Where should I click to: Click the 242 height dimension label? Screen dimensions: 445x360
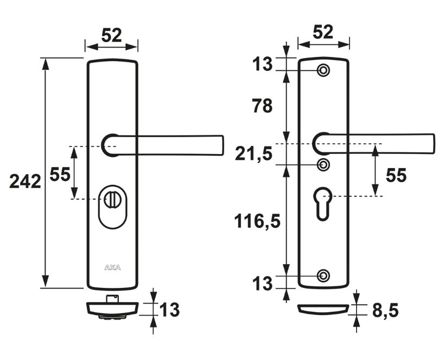pos(26,182)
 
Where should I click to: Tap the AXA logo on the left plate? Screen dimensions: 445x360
pos(112,267)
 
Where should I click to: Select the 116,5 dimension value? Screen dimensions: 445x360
pos(257,221)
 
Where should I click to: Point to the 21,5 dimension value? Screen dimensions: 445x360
pos(254,155)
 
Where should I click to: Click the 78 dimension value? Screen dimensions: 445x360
pos(262,106)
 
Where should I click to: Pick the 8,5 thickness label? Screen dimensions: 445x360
pos(385,311)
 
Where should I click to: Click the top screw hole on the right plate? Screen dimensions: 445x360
pos(323,70)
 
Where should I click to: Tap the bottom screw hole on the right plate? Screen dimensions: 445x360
pos(323,275)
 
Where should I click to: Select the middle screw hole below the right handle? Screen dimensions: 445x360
pos(323,165)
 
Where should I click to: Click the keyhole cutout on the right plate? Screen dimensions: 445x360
pos(323,203)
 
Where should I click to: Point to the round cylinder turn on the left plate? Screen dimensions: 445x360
pos(112,200)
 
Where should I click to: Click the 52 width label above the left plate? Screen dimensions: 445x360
pos(112,35)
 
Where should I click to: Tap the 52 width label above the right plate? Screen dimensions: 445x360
pos(323,32)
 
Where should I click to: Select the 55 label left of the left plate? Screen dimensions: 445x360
pos(60,174)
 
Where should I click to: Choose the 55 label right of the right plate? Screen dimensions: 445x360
pos(396,175)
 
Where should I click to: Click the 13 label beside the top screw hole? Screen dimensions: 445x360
pos(262,64)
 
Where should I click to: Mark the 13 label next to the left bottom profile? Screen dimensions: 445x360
pos(169,310)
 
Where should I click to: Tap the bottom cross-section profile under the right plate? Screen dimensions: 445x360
pos(323,310)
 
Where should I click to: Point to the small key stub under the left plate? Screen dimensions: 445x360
pos(112,299)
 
